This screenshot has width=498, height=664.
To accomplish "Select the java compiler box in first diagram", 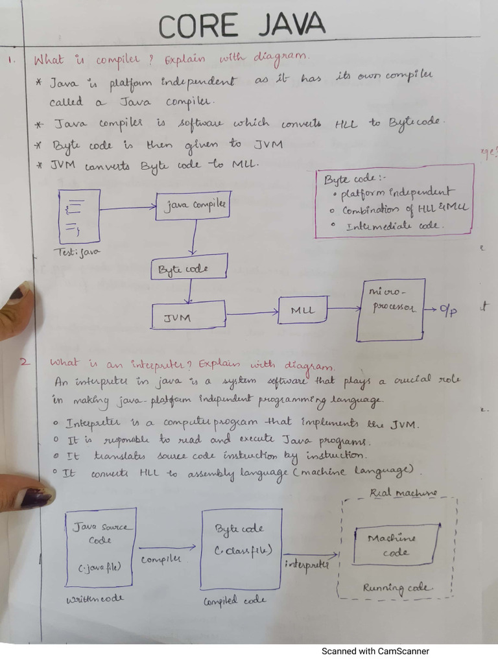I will click(193, 206).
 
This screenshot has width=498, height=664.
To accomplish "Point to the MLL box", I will click(303, 310).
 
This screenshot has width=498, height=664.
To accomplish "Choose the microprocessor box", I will click(391, 309).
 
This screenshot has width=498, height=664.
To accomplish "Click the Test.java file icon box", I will click(79, 216).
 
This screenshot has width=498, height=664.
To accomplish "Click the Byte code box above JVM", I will click(189, 267).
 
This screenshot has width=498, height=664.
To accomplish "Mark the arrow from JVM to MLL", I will click(252, 314).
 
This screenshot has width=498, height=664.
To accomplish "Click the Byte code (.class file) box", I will click(241, 548).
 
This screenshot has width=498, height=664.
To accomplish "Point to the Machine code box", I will click(395, 545).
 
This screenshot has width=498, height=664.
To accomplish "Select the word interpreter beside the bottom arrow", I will click(306, 564).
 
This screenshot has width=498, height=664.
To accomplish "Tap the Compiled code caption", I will click(235, 600).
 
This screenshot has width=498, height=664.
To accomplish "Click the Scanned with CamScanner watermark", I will click(375, 651).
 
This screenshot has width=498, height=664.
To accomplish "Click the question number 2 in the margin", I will click(24, 362).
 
